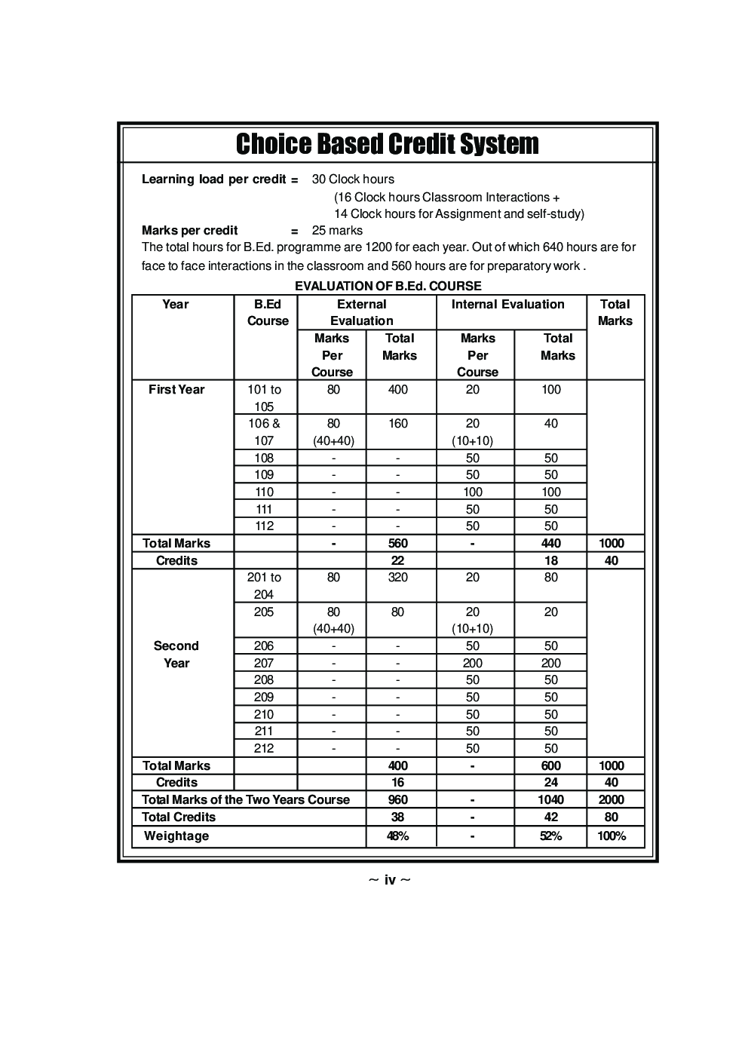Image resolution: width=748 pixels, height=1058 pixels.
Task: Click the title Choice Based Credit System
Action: pos(387,144)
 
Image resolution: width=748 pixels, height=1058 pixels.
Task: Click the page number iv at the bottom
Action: pos(389,880)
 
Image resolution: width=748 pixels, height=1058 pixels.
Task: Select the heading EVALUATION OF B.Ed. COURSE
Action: pos(388,286)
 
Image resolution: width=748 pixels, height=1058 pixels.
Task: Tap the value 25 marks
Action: pos(337,231)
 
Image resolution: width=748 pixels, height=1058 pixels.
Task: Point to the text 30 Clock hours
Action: pos(353,179)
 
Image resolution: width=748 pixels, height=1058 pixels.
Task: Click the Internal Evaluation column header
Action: pos(507,305)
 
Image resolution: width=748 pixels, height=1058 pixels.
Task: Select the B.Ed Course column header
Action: pos(268,313)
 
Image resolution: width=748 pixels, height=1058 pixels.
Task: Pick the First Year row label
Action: pos(176,390)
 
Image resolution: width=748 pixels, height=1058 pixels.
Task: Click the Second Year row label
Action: pos(176,655)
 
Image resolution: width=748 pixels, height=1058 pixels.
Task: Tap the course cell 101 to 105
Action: pos(264,398)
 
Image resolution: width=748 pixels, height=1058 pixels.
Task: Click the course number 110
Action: pos(264,492)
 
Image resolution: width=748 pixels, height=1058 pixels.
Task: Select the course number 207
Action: pos(264,663)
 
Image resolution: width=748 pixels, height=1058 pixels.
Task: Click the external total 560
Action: pos(397,544)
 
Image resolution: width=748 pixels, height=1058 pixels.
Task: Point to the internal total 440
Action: pos(551,544)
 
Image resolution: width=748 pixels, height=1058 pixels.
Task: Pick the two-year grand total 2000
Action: pos(612,800)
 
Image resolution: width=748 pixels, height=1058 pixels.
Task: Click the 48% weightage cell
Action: pos(397,836)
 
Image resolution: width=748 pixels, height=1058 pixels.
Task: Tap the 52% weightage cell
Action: pos(551,836)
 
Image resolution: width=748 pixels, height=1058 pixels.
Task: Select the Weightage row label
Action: pos(176,836)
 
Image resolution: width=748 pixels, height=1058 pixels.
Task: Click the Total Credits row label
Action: pos(179,817)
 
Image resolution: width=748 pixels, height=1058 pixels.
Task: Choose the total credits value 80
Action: pos(612,817)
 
